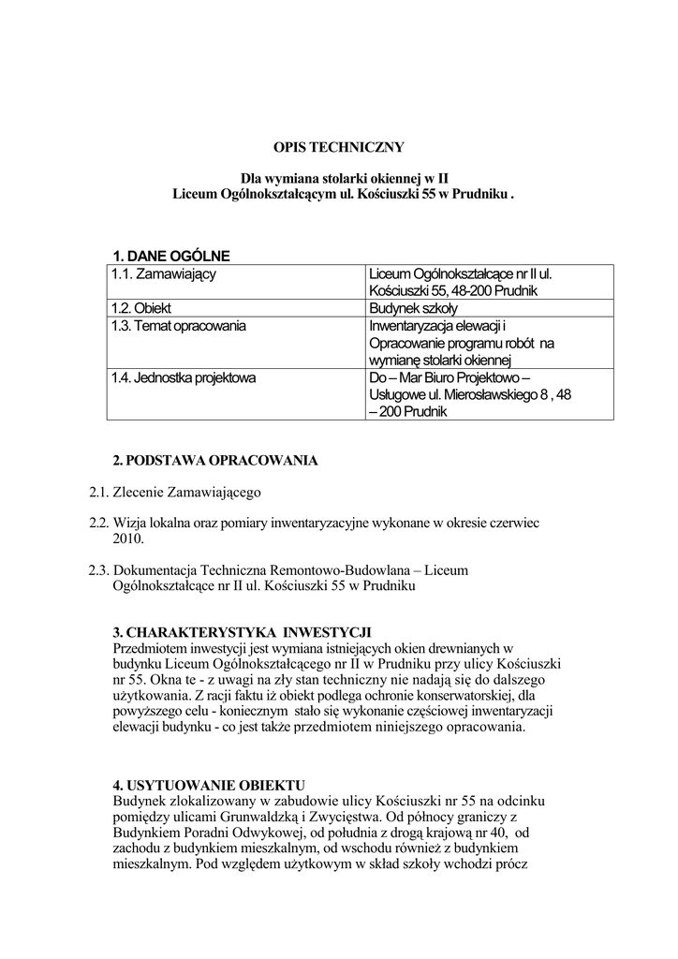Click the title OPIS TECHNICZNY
(338, 147)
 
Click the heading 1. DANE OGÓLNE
(170, 256)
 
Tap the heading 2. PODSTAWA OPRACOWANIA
(214, 461)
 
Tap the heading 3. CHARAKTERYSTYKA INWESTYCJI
(243, 630)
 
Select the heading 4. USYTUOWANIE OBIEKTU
(209, 784)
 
